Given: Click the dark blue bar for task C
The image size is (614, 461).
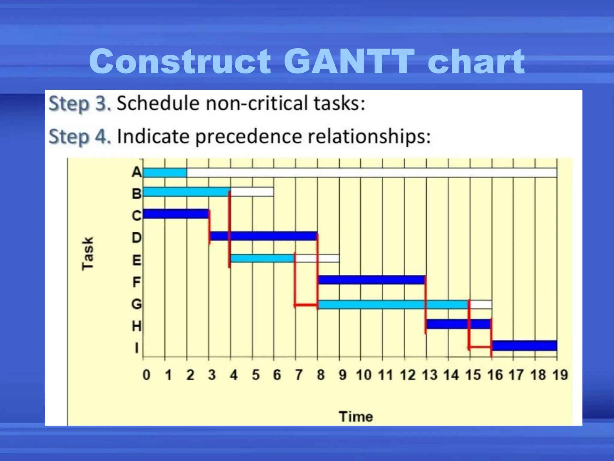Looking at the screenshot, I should (x=176, y=214).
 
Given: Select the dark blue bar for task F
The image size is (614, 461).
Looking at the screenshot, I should (x=371, y=280).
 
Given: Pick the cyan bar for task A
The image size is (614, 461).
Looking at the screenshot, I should (x=165, y=173).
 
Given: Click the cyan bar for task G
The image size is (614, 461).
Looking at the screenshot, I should (x=393, y=304).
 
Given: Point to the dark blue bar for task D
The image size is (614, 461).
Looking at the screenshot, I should (x=264, y=236).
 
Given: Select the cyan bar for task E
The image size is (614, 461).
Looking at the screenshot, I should (x=262, y=258).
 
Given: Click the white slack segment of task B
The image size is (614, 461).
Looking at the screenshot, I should (x=252, y=192).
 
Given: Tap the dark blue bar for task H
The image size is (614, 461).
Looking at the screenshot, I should (x=458, y=324).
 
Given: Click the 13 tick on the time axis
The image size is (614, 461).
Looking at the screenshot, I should (x=430, y=375).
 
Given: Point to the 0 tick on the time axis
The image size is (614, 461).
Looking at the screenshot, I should (x=146, y=375).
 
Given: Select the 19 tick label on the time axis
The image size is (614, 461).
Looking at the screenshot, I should (x=560, y=375).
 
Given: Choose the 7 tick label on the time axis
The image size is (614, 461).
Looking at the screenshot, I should (x=299, y=375).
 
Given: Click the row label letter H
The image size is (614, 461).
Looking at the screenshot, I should (x=137, y=326).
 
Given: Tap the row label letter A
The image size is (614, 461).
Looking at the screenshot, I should (x=137, y=172).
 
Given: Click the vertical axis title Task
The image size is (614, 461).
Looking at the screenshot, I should (x=88, y=254).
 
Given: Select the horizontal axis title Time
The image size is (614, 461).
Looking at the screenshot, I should (x=356, y=417).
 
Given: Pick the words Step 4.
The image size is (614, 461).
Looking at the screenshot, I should (x=80, y=137).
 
